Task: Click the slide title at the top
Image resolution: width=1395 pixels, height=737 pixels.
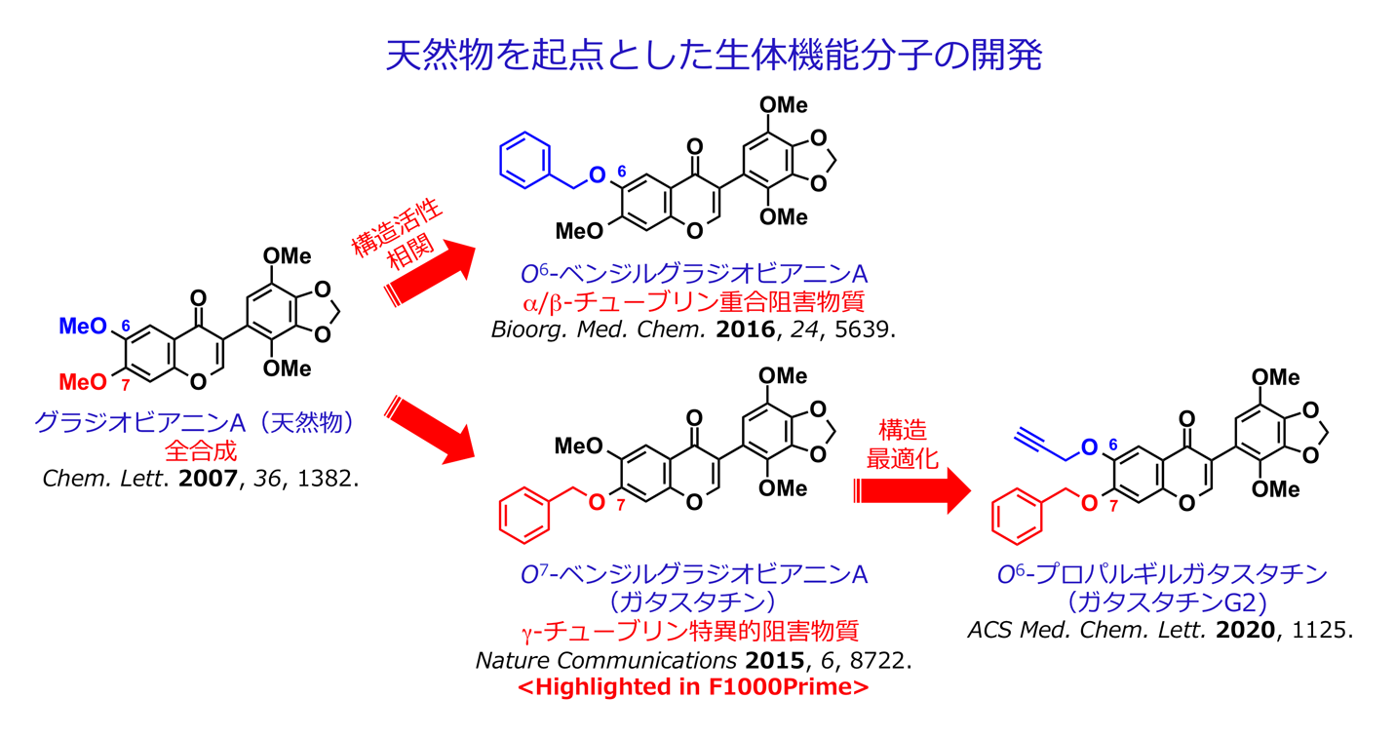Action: (x=714, y=56)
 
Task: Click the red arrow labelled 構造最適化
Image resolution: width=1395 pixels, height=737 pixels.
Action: (x=912, y=491)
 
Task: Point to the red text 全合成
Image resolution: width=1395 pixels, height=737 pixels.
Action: (x=200, y=451)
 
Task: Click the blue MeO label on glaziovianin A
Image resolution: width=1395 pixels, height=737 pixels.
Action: (x=84, y=327)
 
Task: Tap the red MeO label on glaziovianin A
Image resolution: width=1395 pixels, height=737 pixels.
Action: (x=84, y=380)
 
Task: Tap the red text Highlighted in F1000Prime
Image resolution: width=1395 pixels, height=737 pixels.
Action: (x=693, y=686)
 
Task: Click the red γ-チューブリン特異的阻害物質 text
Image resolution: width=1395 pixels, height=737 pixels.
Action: (x=693, y=630)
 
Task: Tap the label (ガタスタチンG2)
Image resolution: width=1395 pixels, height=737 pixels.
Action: (x=1160, y=601)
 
